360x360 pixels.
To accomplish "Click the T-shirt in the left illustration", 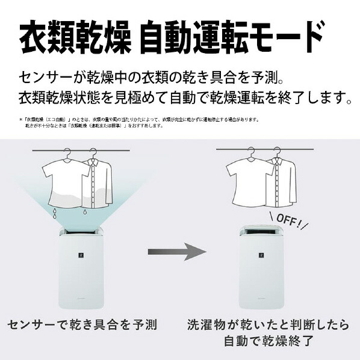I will tap(67, 181).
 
